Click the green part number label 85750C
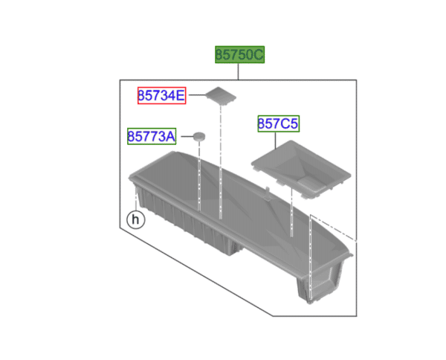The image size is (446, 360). pos(239,55)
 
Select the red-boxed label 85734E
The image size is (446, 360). pos(161,95)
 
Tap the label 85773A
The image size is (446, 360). pos(151,137)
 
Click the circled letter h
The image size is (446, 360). pos(135,219)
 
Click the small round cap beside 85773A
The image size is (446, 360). pos(199,135)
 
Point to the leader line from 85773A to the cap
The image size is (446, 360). pos(184,136)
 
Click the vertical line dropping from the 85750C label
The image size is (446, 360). pos(239,72)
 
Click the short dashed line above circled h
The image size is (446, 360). pos(135,201)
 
